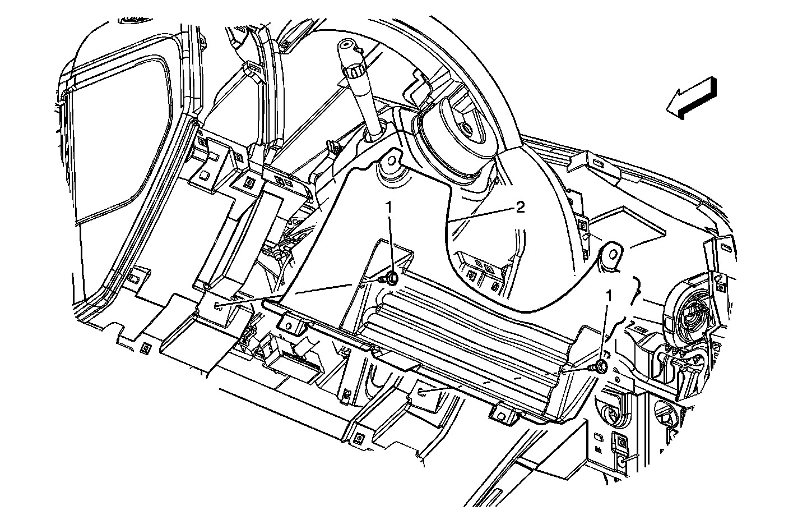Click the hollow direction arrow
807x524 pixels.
pyautogui.click(x=690, y=99)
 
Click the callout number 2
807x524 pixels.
pyautogui.click(x=520, y=208)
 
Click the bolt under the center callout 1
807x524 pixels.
pyautogui.click(x=391, y=277)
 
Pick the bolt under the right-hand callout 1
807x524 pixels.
pyautogui.click(x=600, y=366)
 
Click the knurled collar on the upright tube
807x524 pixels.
pyautogui.click(x=355, y=70)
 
